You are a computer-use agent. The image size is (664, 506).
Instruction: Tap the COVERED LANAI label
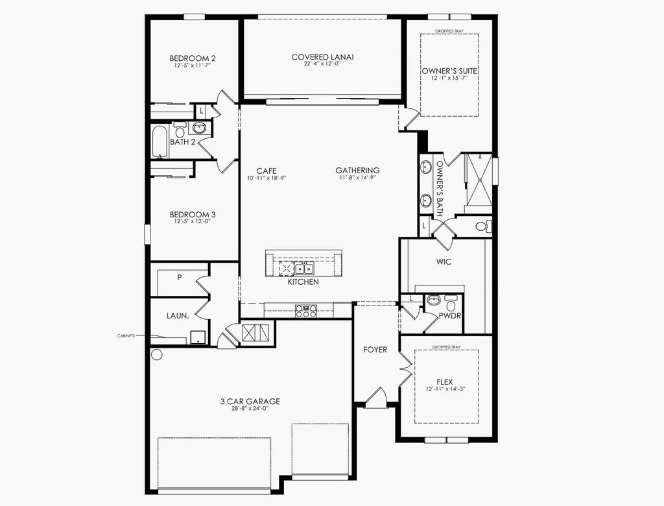click(x=322, y=57)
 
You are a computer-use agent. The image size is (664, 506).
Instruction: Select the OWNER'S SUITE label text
click(x=445, y=70)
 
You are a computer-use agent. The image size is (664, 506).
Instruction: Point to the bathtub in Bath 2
click(x=160, y=142)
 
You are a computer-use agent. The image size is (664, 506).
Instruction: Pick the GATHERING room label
click(x=357, y=171)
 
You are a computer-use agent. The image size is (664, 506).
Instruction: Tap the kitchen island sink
click(x=303, y=268)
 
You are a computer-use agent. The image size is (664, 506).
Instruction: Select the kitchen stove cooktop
click(x=306, y=311)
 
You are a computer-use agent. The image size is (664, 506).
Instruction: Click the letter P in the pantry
click(x=178, y=277)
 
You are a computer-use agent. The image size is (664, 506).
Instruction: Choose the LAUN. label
click(x=178, y=316)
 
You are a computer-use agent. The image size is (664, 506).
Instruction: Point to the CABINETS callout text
click(x=126, y=336)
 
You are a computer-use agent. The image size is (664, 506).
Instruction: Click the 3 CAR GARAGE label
click(x=250, y=402)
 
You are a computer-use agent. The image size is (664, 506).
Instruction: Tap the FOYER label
click(x=375, y=350)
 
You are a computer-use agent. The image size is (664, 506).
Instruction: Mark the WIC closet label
click(x=444, y=262)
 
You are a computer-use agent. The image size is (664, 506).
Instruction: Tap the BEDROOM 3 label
click(x=193, y=215)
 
